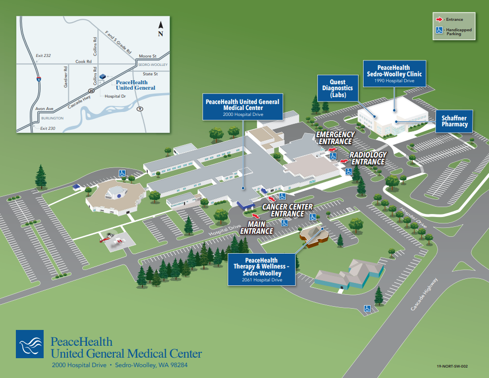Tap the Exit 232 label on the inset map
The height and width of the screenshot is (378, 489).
coord(43,55)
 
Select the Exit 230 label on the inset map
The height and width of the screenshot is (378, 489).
coord(48,128)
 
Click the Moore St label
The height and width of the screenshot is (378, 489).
coord(147,56)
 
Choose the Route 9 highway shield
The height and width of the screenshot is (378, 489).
coord(140,108)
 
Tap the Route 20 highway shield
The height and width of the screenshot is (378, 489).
coord(91,91)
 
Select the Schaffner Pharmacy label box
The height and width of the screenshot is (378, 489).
coord(455,121)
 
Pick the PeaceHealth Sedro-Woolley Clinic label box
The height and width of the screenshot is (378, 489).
coord(394,74)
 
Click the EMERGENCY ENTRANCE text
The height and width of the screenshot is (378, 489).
coord(335,138)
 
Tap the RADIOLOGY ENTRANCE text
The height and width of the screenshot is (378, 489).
coord(367,158)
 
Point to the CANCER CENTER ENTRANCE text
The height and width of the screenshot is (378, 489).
coord(287,210)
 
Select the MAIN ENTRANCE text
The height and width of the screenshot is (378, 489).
coord(256,227)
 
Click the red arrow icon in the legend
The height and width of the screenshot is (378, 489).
coord(439,20)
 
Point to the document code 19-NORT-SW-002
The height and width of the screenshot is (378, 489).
coord(452,367)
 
